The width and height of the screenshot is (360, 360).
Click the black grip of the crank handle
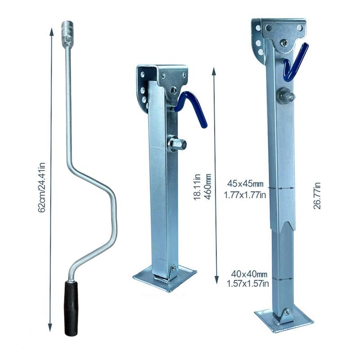tap(71, 308)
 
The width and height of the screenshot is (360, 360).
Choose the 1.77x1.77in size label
tap(246, 194)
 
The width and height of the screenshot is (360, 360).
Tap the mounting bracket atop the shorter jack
tap(162, 81)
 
